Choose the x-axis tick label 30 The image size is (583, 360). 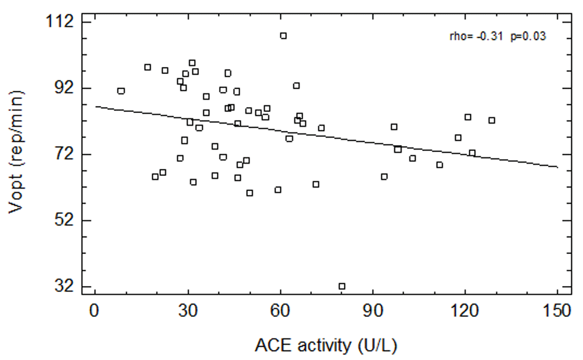pyautogui.click(x=188, y=311)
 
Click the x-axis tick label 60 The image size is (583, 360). pyautogui.click(x=280, y=311)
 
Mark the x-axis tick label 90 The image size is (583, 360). pyautogui.click(x=373, y=311)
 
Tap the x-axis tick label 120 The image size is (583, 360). pyautogui.click(x=465, y=311)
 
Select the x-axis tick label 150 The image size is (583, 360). pyautogui.click(x=557, y=311)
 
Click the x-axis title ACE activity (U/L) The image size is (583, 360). pyautogui.click(x=326, y=345)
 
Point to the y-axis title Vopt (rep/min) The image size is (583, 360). pyautogui.click(x=17, y=151)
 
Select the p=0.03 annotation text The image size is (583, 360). pyautogui.click(x=528, y=36)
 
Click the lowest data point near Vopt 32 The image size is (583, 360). pyautogui.click(x=342, y=286)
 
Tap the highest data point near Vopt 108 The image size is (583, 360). pyautogui.click(x=283, y=36)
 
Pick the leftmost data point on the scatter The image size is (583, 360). pyautogui.click(x=121, y=91)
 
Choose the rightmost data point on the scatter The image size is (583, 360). pyautogui.click(x=491, y=120)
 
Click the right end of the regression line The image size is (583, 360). pyautogui.click(x=557, y=167)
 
